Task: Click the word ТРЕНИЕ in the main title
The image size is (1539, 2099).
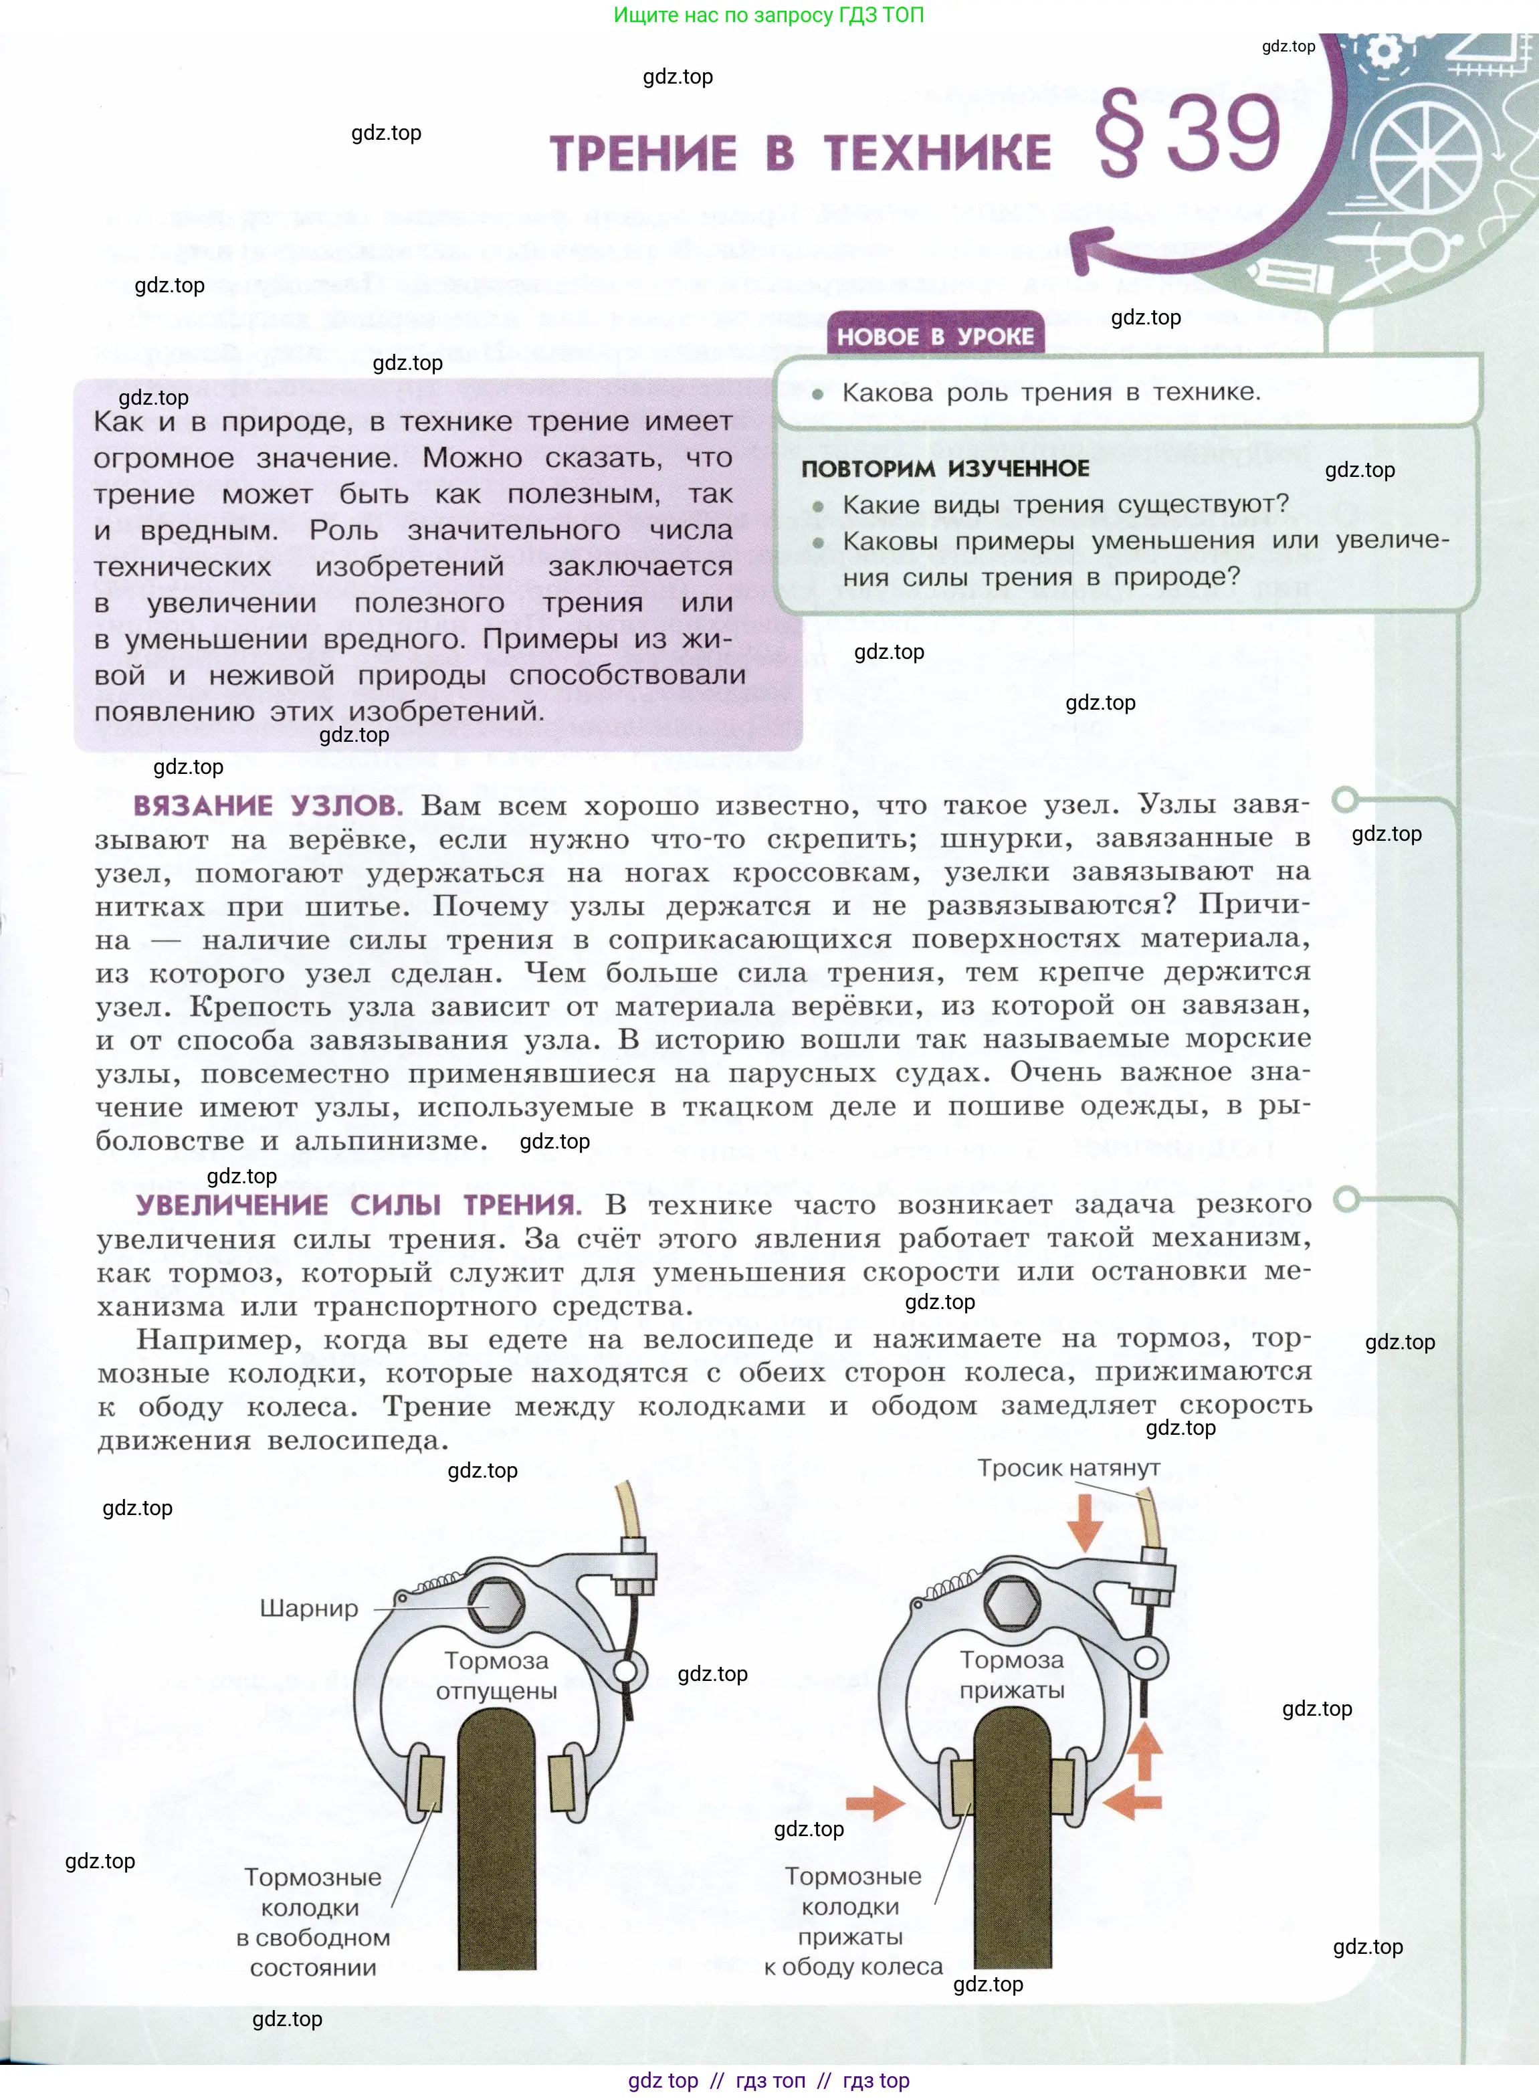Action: (643, 154)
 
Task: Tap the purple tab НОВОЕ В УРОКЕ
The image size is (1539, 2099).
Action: (934, 336)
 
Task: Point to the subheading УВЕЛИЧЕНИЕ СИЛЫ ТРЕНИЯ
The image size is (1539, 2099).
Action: (358, 1205)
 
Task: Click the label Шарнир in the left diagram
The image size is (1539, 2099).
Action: (308, 1608)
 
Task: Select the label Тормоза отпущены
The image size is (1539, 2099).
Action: (496, 1675)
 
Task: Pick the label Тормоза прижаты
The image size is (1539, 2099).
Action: (1012, 1674)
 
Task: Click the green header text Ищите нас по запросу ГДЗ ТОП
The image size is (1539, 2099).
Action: (768, 15)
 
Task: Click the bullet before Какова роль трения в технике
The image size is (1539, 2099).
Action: (818, 394)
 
